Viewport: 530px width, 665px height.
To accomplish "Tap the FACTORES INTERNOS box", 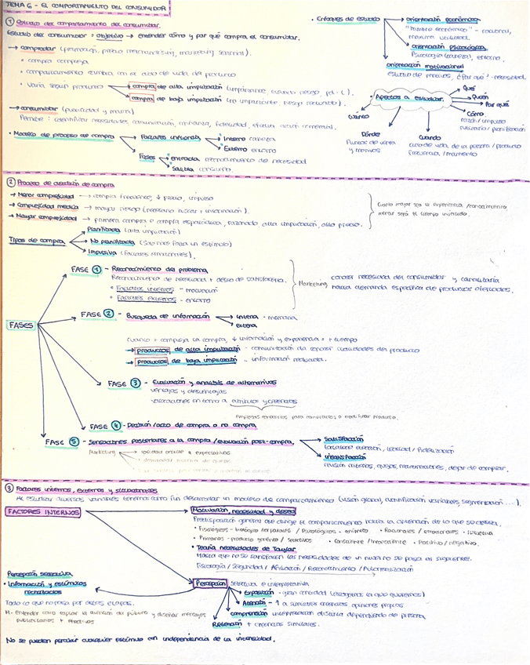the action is [x=43, y=490].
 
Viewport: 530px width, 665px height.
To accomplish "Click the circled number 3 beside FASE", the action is [x=135, y=383].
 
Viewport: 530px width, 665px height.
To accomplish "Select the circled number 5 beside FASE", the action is [x=74, y=442].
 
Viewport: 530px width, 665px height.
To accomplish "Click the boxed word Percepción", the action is [x=211, y=583].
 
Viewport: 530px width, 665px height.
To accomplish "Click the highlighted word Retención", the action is [x=227, y=624].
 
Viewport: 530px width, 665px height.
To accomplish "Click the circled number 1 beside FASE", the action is [x=107, y=268].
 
